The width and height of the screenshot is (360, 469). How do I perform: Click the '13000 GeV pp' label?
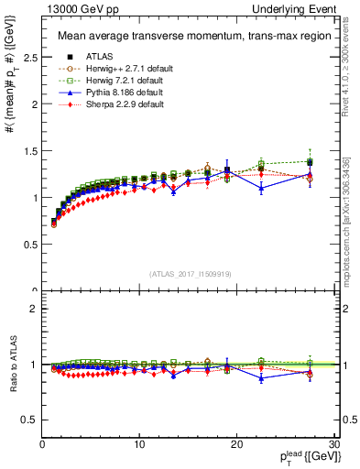coord(78,7)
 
